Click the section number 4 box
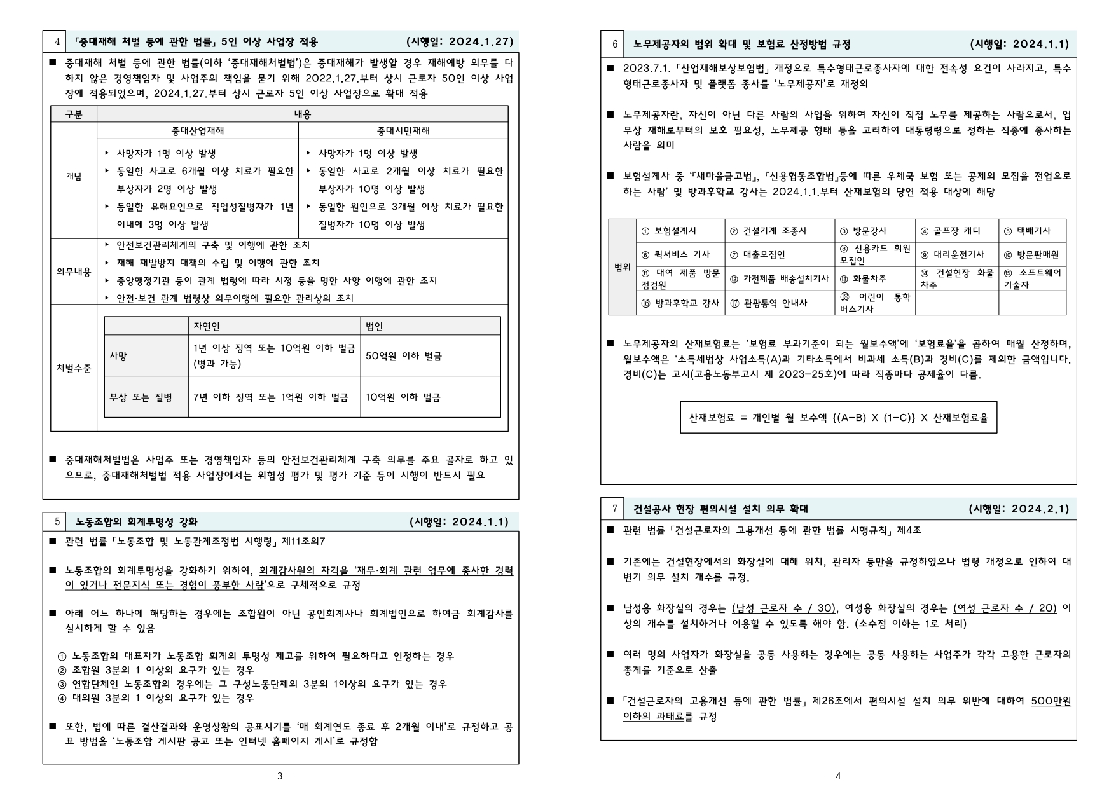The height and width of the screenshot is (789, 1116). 57,42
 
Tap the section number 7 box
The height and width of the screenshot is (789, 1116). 615,509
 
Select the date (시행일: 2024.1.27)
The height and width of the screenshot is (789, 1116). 460,42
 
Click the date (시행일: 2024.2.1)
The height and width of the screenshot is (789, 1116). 1019,509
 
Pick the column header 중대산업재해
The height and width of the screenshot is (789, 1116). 198,131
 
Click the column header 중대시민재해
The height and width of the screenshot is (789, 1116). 403,131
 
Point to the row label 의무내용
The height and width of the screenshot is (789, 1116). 74,271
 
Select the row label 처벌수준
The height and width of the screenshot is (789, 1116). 74,368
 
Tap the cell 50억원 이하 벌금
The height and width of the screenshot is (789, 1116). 403,356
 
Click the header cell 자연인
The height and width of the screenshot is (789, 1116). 207,326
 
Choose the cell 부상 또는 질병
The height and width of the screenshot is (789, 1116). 141,397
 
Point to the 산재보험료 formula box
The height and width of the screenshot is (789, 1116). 838,418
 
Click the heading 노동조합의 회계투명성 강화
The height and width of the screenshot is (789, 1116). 136,522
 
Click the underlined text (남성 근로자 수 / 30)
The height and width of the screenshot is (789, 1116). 783,608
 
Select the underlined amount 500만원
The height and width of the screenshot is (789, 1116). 1051,701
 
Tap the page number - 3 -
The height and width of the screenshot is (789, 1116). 280,776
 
